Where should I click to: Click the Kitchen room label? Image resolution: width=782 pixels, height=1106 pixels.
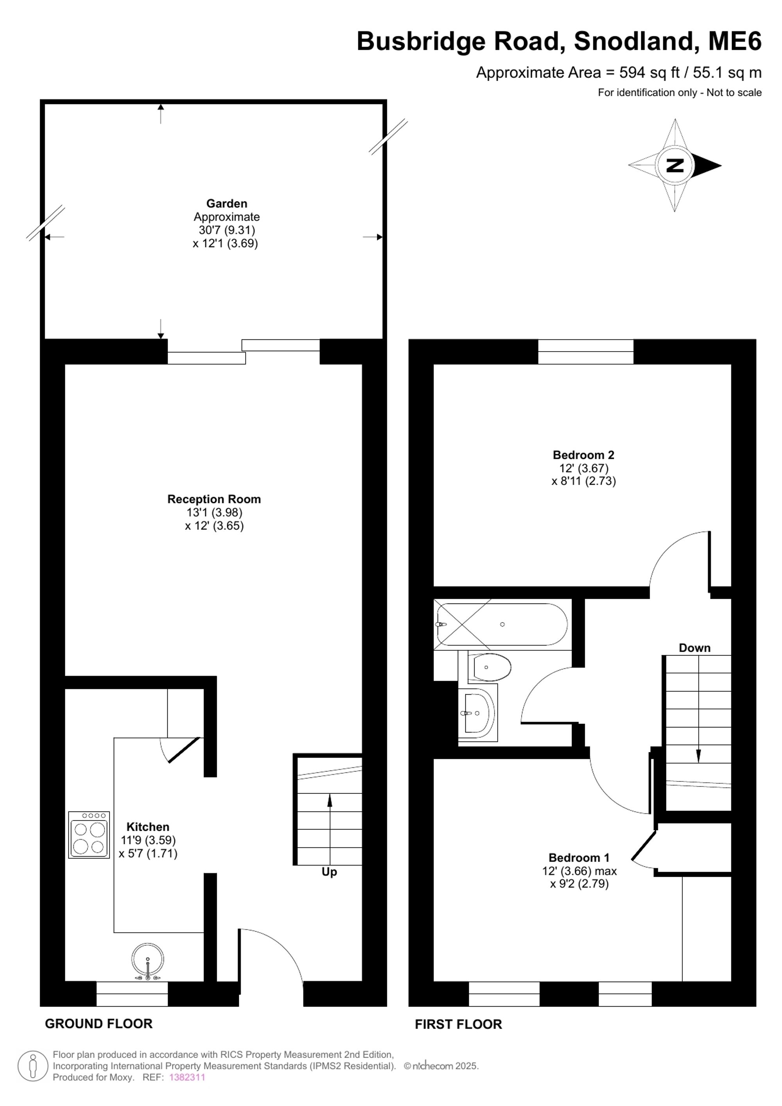148,827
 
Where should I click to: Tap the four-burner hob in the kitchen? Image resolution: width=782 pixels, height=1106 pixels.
89,835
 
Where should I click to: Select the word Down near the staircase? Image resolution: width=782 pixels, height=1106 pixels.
694,648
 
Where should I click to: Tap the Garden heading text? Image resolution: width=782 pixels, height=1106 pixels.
226,203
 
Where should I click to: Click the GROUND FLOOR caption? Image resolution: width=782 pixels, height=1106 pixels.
99,1023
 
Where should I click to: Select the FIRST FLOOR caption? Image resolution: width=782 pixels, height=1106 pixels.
458,1024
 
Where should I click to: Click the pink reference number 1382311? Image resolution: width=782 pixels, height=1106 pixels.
187,1077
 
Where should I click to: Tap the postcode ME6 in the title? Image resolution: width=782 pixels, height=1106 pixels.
735,41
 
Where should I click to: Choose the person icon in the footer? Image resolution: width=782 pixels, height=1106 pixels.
33,1066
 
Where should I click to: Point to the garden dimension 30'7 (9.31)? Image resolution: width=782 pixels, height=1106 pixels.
227,230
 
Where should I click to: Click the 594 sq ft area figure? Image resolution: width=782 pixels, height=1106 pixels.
649,73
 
